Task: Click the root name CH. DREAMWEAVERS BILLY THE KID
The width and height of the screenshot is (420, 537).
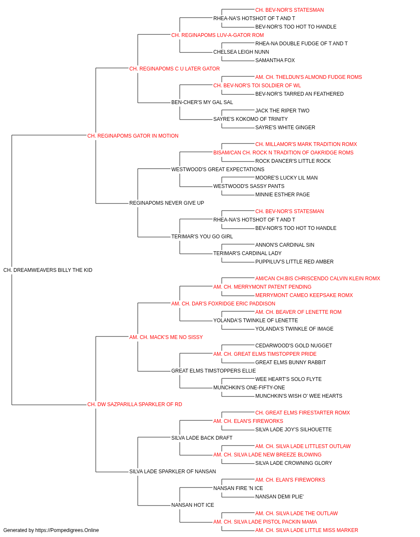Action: tap(48, 270)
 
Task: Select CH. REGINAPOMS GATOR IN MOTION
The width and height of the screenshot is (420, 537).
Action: tap(133, 136)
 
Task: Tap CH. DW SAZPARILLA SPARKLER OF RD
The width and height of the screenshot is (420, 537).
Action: tap(134, 404)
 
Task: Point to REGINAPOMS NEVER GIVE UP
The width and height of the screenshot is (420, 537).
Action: tap(167, 203)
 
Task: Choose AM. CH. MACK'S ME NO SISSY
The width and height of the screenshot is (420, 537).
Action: tap(166, 337)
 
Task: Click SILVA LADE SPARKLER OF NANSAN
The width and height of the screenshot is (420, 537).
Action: tap(172, 472)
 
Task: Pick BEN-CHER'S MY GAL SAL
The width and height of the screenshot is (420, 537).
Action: tap(202, 102)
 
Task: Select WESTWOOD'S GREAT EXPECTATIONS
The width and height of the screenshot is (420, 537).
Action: tap(218, 169)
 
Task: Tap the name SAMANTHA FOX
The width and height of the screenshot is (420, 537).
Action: tap(275, 60)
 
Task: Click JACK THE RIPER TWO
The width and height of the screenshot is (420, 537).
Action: tap(282, 111)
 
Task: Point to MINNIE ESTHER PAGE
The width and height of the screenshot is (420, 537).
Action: tap(283, 195)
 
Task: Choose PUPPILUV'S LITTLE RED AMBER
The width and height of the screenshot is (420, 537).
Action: tap(294, 262)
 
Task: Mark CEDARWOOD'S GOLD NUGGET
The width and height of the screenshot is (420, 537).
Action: tap(294, 345)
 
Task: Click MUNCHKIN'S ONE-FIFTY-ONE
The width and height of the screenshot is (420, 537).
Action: tap(249, 388)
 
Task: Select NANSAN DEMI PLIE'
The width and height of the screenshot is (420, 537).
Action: tap(279, 497)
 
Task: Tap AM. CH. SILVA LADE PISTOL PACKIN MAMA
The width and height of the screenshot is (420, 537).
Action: tap(265, 522)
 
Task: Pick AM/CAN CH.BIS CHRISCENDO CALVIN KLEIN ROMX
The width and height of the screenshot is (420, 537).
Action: tap(318, 279)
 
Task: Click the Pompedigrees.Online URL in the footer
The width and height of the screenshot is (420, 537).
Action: tap(67, 530)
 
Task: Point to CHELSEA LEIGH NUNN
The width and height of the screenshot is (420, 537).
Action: tap(241, 52)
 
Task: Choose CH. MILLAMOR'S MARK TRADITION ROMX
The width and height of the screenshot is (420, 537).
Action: tap(306, 144)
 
